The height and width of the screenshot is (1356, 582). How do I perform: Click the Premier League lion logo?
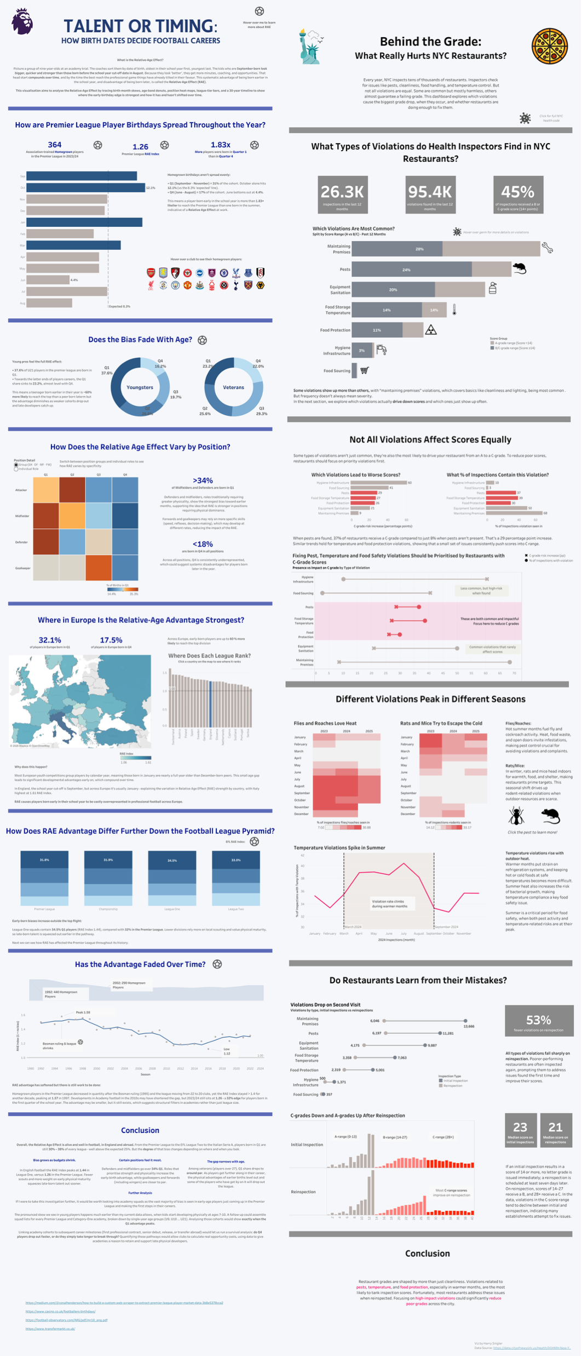pyautogui.click(x=22, y=21)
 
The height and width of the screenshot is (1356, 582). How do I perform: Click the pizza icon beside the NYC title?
pyautogui.click(x=549, y=47)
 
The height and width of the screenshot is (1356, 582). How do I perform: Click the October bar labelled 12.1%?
pyautogui.click(x=85, y=187)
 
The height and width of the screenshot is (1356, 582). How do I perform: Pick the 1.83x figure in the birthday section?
pyautogui.click(x=221, y=145)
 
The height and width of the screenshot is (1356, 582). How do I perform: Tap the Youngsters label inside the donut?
pyautogui.click(x=140, y=387)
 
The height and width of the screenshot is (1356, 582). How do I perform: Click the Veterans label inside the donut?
pyautogui.click(x=233, y=387)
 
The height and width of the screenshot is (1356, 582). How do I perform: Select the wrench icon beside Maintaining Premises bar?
pyautogui.click(x=547, y=248)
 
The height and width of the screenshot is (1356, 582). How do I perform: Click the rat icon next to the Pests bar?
pyautogui.click(x=519, y=268)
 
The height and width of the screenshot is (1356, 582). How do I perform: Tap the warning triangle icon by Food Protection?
pyautogui.click(x=431, y=330)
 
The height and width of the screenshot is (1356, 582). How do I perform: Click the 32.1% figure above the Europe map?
pyautogui.click(x=50, y=640)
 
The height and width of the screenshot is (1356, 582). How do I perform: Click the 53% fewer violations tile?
pyautogui.click(x=538, y=1022)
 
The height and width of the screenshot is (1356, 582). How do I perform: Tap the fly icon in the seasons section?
pyautogui.click(x=516, y=816)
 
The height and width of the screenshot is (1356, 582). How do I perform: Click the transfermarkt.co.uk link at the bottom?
pyautogui.click(x=50, y=1329)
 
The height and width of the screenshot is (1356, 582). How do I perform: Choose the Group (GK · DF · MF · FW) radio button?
pyautogui.click(x=16, y=465)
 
